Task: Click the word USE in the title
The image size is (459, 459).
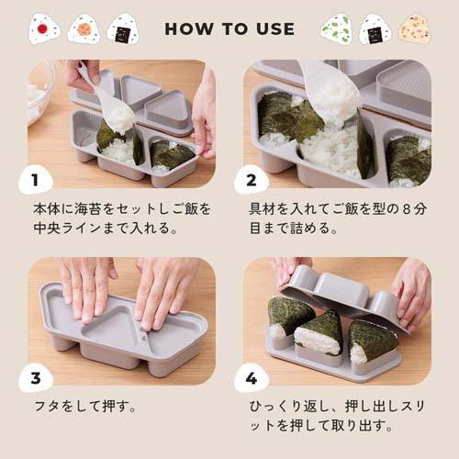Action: click(273, 28)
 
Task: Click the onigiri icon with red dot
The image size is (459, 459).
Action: click(42, 28)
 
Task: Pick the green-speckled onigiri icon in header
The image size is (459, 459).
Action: click(336, 28)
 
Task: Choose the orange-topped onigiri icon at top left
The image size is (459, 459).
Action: click(84, 28)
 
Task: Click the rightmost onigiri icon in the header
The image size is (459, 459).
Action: click(414, 28)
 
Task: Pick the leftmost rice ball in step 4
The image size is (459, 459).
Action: click(288, 317)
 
